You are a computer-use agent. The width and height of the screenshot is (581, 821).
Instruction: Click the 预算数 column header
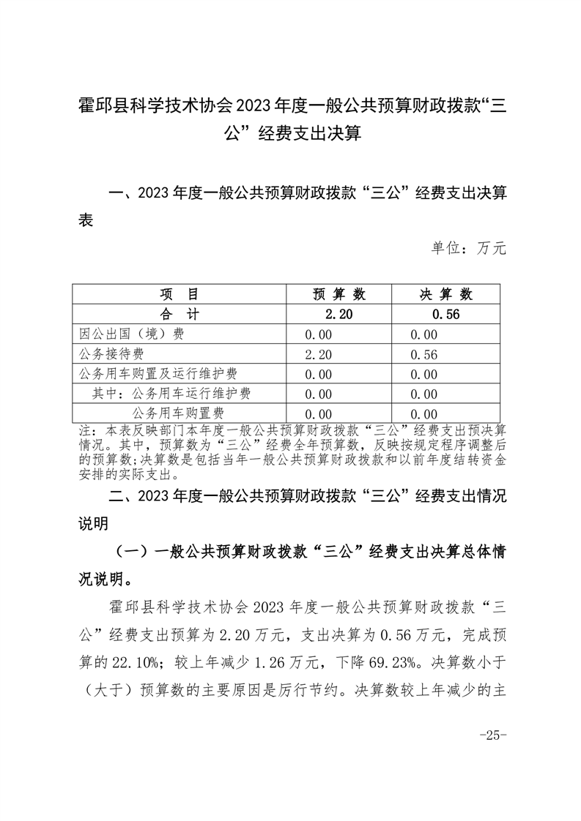point(339,294)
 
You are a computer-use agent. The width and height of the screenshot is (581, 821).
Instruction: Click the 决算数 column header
point(446,294)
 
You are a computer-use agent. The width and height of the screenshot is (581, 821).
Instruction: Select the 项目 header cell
point(180,294)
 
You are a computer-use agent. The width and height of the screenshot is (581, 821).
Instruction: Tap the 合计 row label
point(180,315)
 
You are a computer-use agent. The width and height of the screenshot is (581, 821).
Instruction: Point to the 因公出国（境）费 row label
point(131,334)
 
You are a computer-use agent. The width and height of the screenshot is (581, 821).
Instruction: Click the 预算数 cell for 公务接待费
point(319,355)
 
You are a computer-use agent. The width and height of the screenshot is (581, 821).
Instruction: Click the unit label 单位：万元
point(469,248)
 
